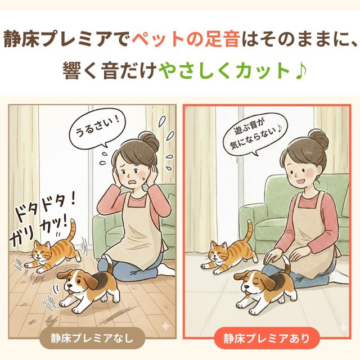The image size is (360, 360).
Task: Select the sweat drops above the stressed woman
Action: pos(163,121)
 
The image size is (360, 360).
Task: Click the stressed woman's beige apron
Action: pos(138,231)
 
